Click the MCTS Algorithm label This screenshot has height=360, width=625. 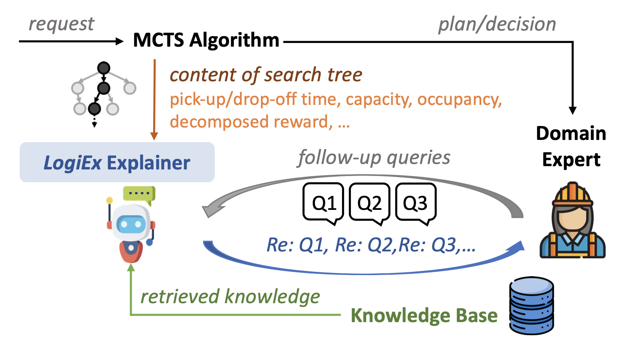[206, 40]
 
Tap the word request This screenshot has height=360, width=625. [61, 24]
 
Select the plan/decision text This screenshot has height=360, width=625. [497, 24]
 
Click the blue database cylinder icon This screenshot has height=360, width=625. [532, 305]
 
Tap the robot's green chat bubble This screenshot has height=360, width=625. [139, 194]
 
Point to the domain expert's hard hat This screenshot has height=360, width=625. [572, 194]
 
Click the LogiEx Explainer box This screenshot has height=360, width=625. [117, 162]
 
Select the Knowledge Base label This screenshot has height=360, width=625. [424, 316]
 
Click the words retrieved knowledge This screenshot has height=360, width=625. [230, 297]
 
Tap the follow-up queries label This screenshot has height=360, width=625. [374, 158]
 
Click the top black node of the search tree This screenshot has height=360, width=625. [104, 68]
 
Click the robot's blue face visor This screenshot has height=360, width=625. [131, 224]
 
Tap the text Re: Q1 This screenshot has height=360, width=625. [297, 245]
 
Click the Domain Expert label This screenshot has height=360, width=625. [571, 146]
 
